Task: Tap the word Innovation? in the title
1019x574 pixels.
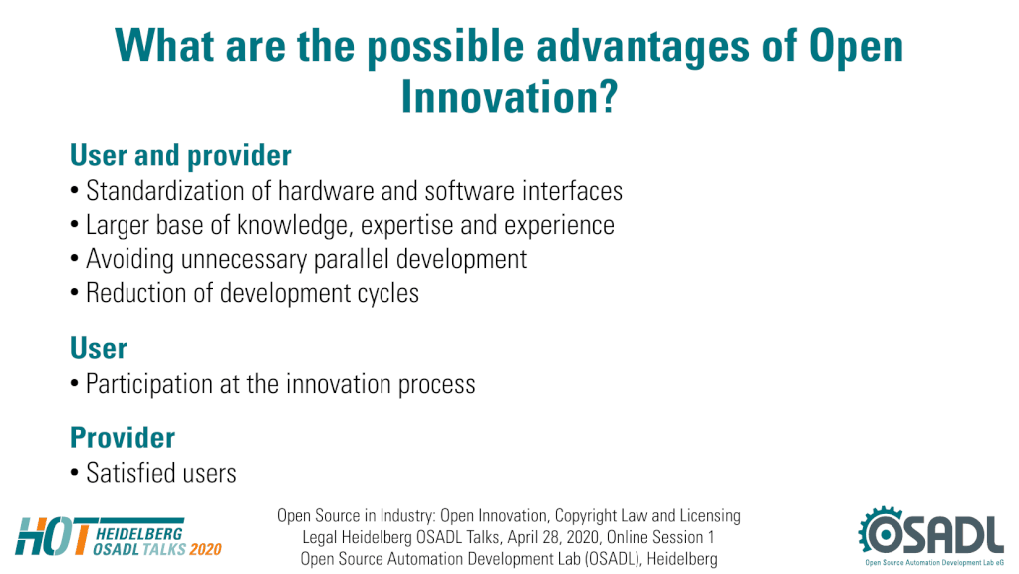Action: [509, 97]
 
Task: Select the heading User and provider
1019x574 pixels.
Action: [180, 156]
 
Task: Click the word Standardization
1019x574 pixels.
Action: [165, 191]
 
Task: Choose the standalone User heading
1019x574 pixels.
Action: [99, 348]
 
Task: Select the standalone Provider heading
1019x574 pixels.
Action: [123, 437]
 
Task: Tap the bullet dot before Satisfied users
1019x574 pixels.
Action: [75, 474]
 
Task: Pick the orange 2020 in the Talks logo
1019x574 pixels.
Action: [205, 549]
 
